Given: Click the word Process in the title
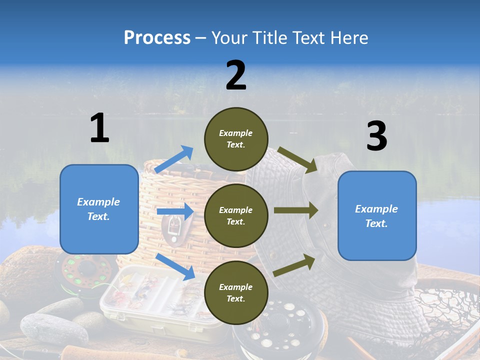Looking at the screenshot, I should [157, 38].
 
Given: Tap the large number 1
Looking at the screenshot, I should [99, 128].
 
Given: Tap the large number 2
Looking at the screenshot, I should [236, 75].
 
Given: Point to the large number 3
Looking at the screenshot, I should [377, 136].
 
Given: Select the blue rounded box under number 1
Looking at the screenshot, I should [99, 209].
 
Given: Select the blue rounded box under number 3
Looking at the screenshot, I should [377, 215].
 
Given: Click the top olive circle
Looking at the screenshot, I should [236, 139].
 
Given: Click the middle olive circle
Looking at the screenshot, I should [236, 215].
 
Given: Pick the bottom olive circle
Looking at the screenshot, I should [236, 292].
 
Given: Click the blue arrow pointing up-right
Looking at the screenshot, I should [174, 159].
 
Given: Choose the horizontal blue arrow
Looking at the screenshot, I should [174, 211].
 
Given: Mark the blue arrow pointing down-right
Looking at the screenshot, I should [175, 266].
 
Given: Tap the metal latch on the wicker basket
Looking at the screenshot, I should [173, 227].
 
